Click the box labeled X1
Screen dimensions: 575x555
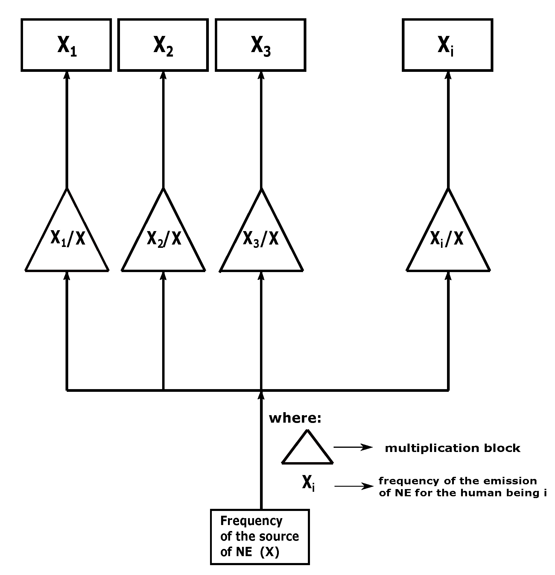[66, 45]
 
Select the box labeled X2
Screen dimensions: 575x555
[163, 45]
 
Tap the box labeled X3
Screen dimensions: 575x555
[261, 45]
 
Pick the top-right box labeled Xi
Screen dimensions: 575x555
[447, 45]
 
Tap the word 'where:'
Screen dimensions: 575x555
[295, 418]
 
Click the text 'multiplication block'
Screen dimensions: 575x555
[452, 448]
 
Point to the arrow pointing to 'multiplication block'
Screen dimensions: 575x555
[353, 447]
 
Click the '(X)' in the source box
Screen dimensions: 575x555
[270, 552]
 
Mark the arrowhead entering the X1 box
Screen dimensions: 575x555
[67, 75]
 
